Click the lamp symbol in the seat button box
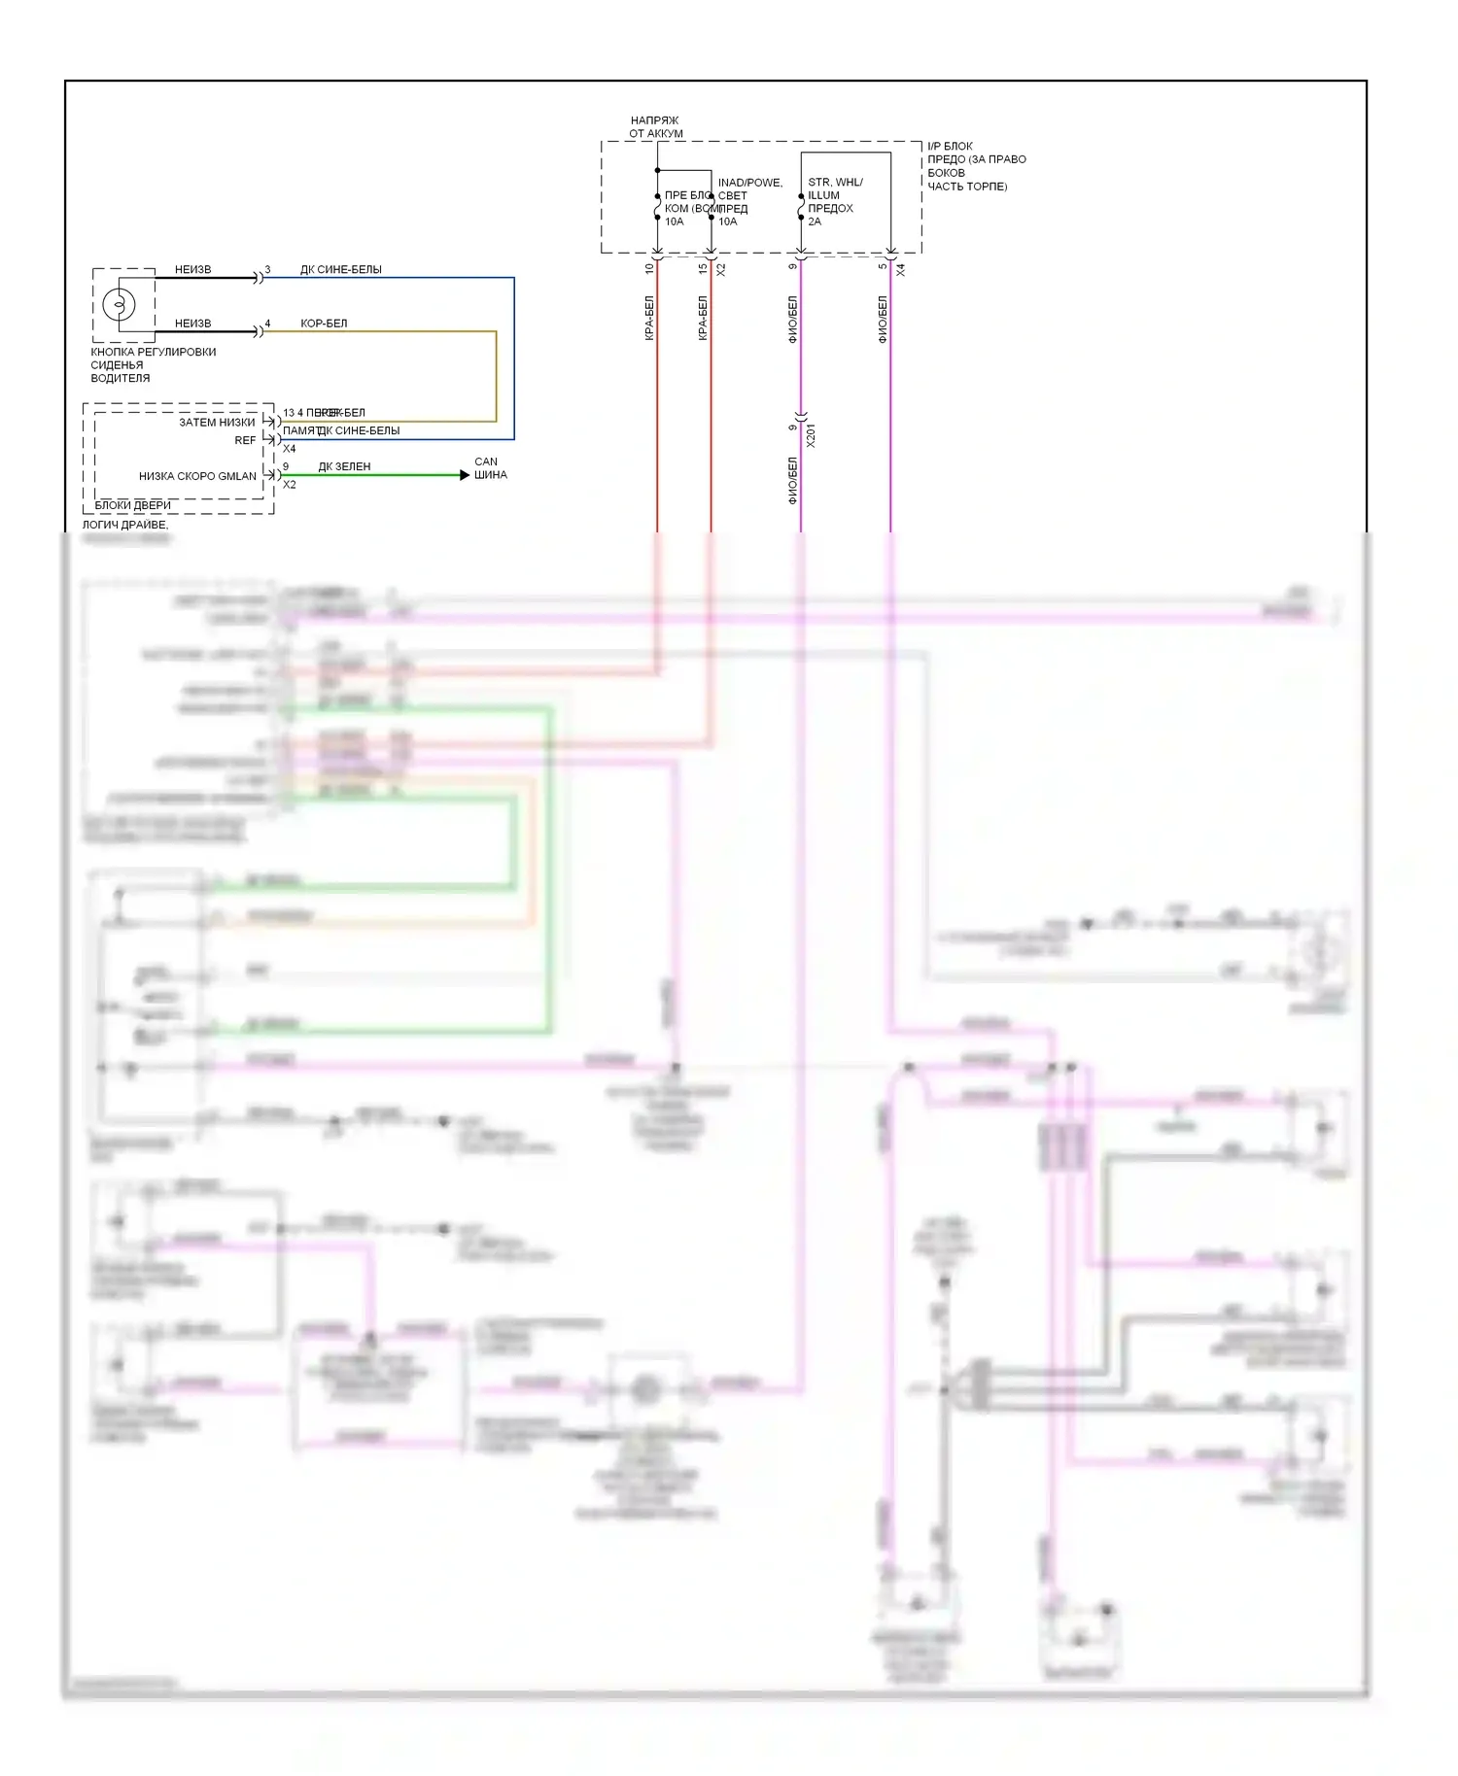120,304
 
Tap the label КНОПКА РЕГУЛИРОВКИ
154,352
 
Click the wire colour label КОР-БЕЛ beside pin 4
324,324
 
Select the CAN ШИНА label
491,468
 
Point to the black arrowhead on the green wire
465,475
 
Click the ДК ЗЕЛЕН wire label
344,466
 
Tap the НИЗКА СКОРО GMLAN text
197,476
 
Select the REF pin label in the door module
245,440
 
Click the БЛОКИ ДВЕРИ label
133,505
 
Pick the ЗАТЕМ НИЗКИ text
217,423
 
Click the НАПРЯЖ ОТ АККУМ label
655,127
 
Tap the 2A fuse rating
815,222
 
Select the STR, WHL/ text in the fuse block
835,182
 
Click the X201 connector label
812,434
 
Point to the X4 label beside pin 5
901,270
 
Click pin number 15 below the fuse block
703,268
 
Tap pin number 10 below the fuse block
649,268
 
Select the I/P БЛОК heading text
950,146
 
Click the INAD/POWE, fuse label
749,182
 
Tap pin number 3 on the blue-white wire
267,270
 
